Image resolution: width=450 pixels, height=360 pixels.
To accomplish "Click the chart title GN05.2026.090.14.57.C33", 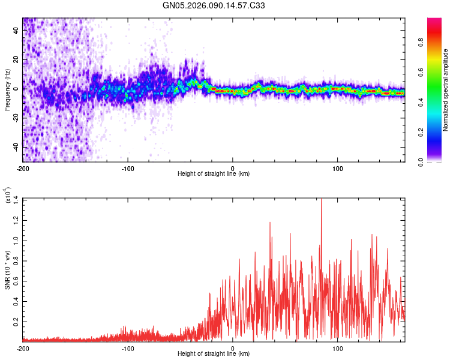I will (214, 5).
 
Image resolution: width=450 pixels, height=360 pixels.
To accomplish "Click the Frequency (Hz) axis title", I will (7, 89).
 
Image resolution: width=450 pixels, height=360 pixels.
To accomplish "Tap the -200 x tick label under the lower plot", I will (23, 349).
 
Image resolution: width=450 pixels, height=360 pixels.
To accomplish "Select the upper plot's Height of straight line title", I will (214, 174).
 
